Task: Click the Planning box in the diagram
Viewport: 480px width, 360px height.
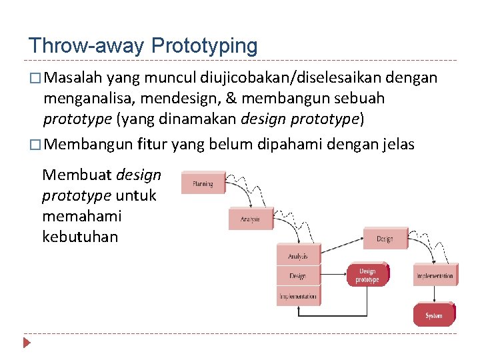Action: pos(203,183)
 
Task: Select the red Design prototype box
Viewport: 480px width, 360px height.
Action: pos(367,275)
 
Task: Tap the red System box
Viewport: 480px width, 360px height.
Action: pos(433,315)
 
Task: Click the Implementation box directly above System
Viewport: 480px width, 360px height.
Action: pos(435,275)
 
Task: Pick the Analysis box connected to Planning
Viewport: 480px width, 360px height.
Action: pos(251,218)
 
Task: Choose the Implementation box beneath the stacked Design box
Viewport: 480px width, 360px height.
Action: pos(298,296)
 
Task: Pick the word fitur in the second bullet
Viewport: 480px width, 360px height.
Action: pos(153,143)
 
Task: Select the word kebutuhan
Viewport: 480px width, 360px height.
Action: pos(80,236)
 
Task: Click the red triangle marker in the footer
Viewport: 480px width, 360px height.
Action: pos(27,344)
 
